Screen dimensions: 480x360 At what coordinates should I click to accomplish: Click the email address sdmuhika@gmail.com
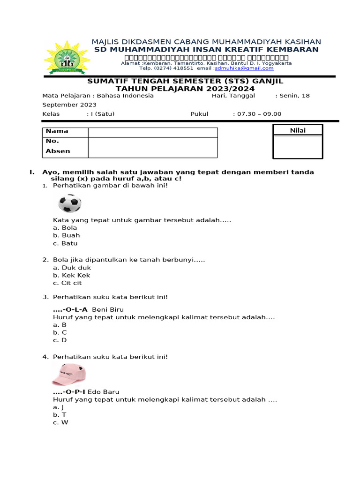click(x=244, y=68)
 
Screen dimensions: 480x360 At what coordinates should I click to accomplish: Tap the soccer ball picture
click(x=70, y=203)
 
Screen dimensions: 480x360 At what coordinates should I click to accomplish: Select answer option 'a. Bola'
click(x=65, y=228)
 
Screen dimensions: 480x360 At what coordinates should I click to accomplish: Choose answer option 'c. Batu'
click(x=65, y=243)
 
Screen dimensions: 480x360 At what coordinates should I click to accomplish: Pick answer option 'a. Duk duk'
click(x=72, y=268)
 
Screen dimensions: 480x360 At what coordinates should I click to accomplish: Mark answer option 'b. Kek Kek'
click(x=71, y=275)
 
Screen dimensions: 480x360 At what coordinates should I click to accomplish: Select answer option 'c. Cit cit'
click(x=68, y=283)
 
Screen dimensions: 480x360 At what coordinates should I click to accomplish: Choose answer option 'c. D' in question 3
click(x=60, y=340)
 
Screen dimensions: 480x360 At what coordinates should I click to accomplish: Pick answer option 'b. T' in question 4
click(x=60, y=414)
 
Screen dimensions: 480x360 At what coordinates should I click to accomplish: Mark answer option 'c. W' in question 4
click(x=60, y=422)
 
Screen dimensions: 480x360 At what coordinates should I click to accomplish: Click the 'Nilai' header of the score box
click(x=298, y=130)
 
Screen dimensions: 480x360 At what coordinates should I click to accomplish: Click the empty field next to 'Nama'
click(x=152, y=133)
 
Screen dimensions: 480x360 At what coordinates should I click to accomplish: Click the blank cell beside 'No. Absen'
click(x=152, y=147)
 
